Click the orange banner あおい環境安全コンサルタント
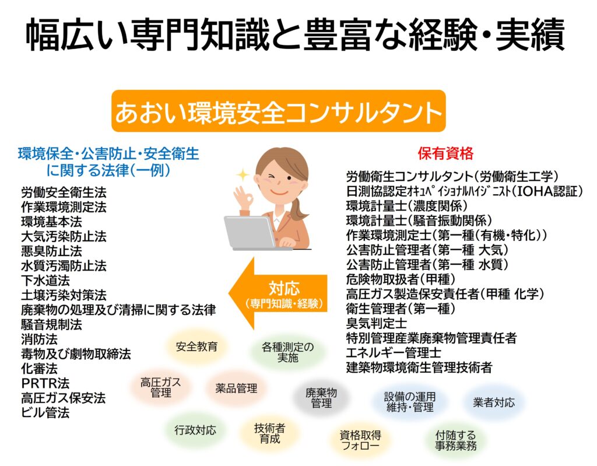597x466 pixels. [278, 111]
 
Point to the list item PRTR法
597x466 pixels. [45, 383]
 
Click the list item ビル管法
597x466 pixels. [45, 413]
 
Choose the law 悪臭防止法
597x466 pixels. [51, 251]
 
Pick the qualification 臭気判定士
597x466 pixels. [377, 323]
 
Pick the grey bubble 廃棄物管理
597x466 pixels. [321, 398]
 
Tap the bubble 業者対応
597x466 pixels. [494, 402]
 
